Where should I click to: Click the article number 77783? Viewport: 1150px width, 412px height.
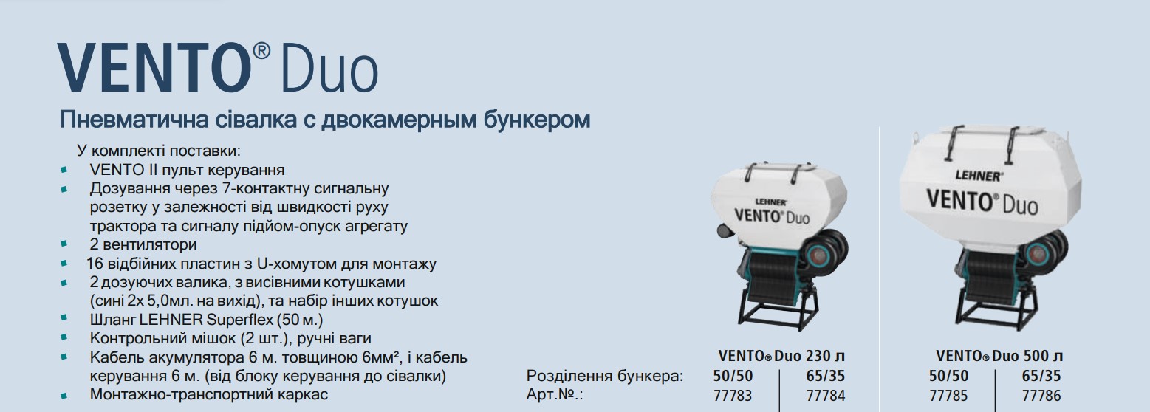coord(733,396)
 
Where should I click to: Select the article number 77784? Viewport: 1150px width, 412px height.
coord(826,396)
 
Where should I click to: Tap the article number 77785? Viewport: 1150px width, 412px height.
coord(948,396)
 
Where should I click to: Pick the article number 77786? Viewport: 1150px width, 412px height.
coord(1041,396)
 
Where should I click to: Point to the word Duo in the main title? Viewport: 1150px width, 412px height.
coord(329,67)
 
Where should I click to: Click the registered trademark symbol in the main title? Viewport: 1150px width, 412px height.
coord(261,51)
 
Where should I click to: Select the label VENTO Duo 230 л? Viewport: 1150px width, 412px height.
coord(781,356)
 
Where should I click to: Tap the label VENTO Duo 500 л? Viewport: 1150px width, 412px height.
coord(999,356)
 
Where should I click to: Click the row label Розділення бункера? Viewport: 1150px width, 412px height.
coord(605,376)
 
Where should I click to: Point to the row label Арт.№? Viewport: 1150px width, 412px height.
coord(555,394)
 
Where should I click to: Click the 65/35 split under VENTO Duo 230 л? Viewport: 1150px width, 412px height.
coord(826,376)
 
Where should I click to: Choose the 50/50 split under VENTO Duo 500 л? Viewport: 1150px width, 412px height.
coord(948,376)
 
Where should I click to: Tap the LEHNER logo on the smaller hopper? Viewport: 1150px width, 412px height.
coord(771,202)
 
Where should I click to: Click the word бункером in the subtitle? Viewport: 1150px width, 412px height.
coord(536,120)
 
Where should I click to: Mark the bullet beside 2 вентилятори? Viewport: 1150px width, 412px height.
coord(64,244)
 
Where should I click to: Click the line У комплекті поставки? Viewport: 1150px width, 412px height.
coord(159,151)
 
